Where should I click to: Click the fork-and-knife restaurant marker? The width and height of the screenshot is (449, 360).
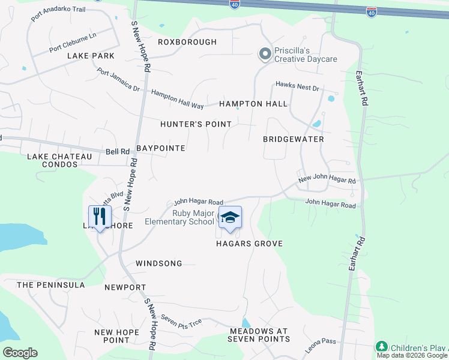100,217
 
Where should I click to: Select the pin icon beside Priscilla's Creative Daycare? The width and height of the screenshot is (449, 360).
265,55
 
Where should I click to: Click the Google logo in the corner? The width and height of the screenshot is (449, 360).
20,352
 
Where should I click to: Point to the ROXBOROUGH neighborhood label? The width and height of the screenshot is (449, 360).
187,42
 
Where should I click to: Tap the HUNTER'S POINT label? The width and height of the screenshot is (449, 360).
196,124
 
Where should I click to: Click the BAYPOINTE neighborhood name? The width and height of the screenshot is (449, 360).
160,148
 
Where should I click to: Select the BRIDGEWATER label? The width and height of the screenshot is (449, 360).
294,139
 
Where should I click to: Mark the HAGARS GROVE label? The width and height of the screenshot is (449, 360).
250,244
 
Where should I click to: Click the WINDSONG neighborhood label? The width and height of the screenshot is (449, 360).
158,263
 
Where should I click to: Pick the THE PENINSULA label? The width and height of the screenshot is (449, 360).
50,285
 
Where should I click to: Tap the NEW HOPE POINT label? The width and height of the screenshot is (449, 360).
112,336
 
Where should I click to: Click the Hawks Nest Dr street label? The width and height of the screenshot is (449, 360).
297,86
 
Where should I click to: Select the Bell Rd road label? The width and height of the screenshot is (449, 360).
117,152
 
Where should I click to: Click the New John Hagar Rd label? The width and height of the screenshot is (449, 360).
327,180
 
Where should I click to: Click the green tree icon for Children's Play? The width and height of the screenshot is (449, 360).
381,347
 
